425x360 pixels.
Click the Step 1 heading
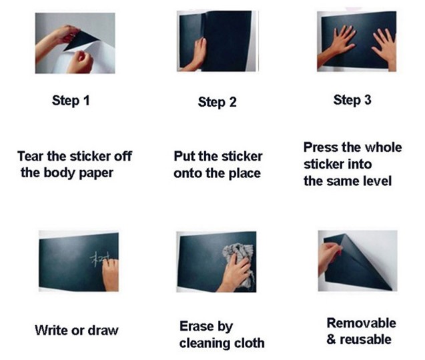[71, 101]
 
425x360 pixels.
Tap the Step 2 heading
[217, 103]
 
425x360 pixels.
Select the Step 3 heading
[352, 100]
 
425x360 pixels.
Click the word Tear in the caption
[31, 156]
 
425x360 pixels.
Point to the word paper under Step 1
[96, 173]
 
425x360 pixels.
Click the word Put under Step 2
[184, 156]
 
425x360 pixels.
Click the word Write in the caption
[51, 330]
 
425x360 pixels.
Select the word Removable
[362, 323]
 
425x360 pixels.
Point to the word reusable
[366, 340]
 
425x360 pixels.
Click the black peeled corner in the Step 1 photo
[81, 41]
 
